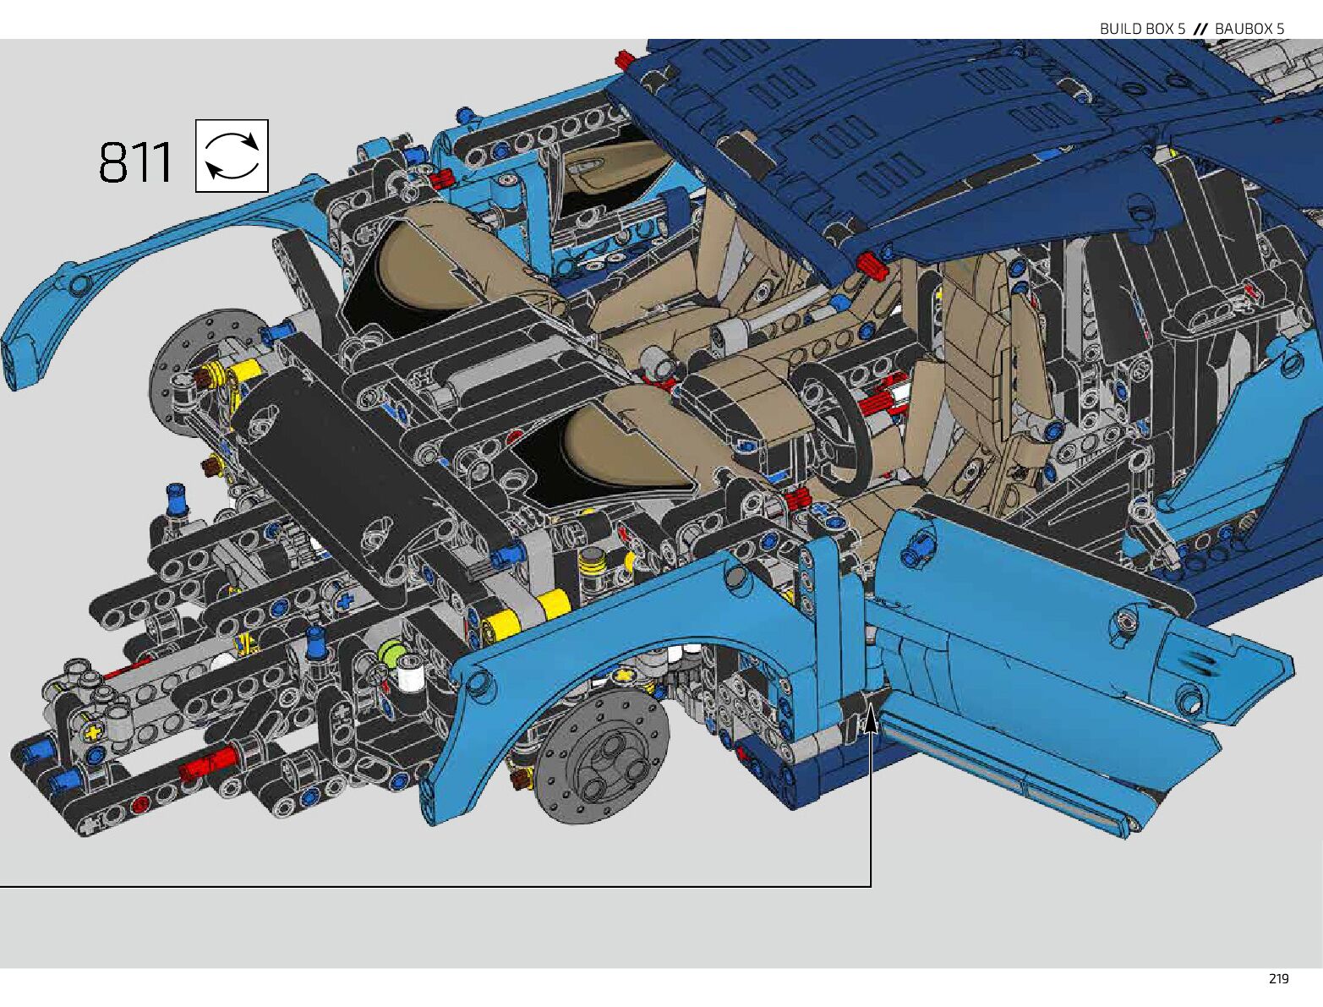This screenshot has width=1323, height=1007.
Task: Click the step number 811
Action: [x=135, y=162]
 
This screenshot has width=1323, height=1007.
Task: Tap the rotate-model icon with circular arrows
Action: [x=232, y=156]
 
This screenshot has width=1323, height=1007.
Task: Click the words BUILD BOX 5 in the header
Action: [x=1142, y=28]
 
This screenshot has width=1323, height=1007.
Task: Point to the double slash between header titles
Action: [x=1200, y=28]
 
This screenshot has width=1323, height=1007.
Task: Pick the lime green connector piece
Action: [x=388, y=654]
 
